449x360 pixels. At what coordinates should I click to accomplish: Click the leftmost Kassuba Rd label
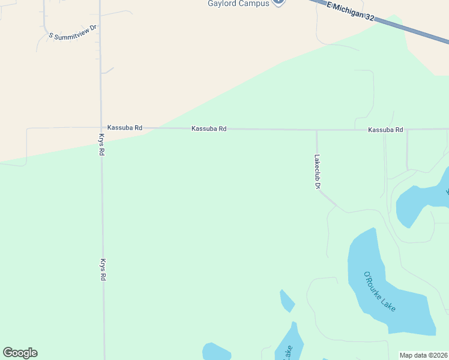point(125,128)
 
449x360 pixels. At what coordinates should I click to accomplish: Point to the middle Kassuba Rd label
point(209,128)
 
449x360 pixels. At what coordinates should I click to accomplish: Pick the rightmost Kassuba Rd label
point(385,130)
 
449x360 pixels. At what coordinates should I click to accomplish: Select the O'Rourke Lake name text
point(380,292)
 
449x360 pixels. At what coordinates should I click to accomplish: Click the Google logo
point(20,353)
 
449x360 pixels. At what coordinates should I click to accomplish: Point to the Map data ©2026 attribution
point(423,355)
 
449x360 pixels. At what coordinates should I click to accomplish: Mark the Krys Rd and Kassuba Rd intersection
point(101,127)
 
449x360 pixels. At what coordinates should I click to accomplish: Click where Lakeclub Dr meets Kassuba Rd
point(316,130)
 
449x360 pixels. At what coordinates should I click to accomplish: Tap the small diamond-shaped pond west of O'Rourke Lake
point(287,301)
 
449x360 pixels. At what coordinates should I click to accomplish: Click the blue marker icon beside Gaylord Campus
point(278,2)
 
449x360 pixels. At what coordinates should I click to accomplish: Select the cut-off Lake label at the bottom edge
point(288,352)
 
